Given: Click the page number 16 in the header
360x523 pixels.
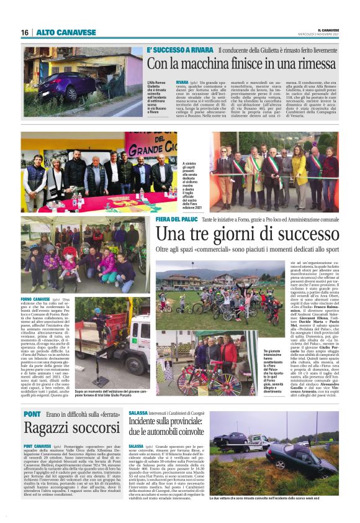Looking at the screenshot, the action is tap(25, 32).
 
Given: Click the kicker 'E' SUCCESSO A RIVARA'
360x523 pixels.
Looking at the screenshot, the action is tap(181, 50).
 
